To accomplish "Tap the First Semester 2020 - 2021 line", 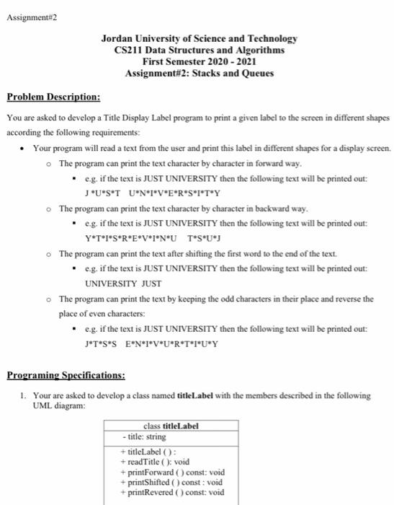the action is [200, 62].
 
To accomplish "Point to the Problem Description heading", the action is [53, 97].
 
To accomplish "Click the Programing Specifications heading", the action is [66, 375].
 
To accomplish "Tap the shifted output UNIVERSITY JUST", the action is [123, 284].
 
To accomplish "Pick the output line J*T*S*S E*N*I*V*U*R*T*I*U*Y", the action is [152, 343].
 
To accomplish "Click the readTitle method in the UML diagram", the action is [147, 462].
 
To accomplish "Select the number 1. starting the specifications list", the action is [23, 396].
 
